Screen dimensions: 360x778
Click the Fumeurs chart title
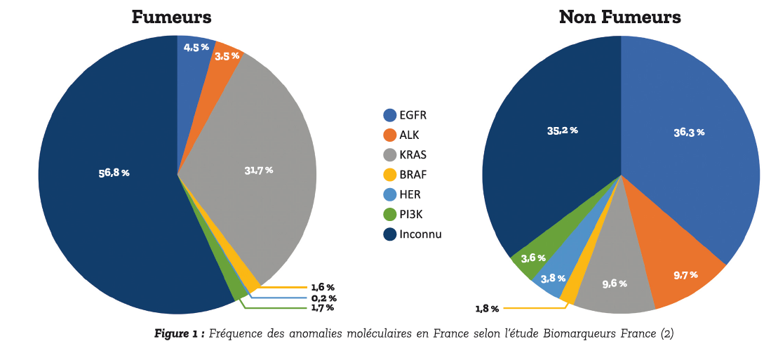click(171, 17)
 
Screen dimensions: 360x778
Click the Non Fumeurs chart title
click(619, 17)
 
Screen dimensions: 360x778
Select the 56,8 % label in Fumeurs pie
click(114, 173)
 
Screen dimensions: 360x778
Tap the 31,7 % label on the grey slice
click(258, 170)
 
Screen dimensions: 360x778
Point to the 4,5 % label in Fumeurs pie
click(196, 47)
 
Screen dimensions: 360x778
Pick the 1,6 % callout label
click(323, 287)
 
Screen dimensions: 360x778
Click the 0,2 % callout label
click(323, 298)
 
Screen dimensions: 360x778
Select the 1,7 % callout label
click(323, 307)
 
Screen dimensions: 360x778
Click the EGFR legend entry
click(413, 115)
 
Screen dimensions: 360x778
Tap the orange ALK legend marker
click(390, 135)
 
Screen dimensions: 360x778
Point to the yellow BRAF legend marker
click(390, 175)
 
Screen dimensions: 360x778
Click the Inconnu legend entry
click(420, 234)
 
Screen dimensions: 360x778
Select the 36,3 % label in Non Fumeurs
click(689, 132)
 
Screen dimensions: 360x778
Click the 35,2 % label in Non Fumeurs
click(562, 131)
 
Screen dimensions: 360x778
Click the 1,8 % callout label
click(487, 308)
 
